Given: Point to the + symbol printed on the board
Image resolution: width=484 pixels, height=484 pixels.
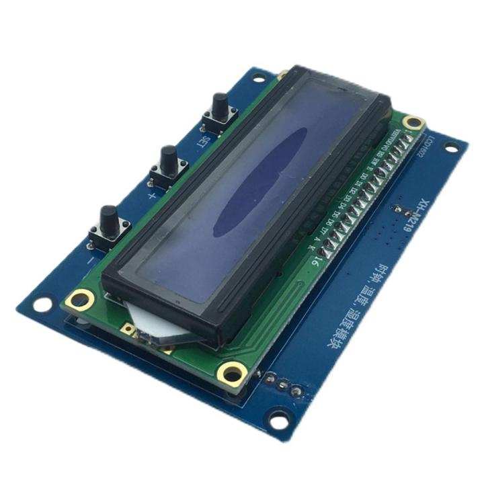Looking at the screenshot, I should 152,196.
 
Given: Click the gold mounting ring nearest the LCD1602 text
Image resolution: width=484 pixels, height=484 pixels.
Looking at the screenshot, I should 415,123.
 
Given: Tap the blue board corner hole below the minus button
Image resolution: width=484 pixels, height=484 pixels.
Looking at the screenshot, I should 42,304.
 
